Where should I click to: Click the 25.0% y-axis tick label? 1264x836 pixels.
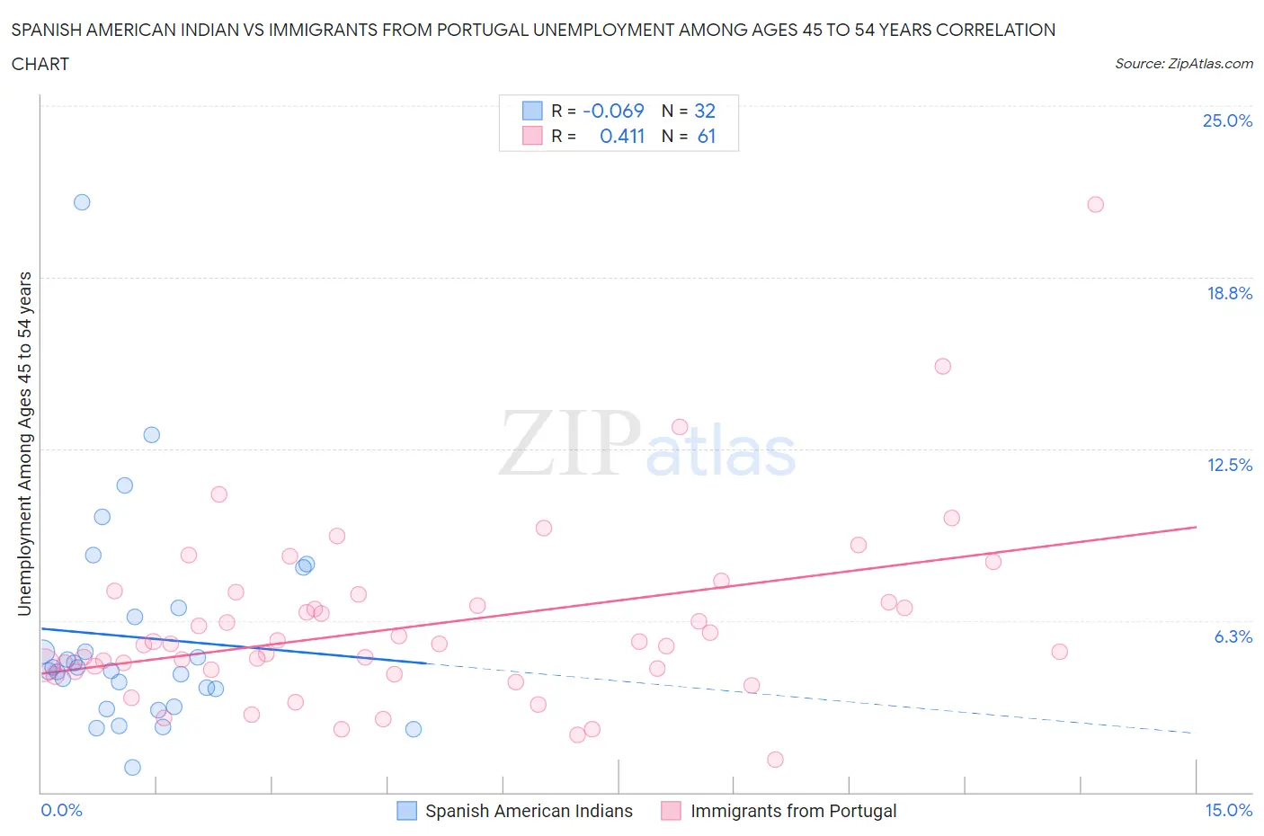1227,120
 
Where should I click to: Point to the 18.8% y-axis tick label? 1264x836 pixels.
1229,293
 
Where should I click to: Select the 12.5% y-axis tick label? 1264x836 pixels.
1229,465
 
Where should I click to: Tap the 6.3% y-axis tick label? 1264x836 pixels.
1233,636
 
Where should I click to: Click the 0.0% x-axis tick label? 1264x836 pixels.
61,810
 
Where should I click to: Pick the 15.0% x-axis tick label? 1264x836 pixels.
1228,810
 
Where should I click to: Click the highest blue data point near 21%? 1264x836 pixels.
82,202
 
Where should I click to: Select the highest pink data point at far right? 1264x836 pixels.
1095,204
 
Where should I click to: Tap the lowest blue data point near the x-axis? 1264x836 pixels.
132,767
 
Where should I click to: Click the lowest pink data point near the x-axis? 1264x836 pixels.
775,760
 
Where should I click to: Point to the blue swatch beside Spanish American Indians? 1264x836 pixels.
407,811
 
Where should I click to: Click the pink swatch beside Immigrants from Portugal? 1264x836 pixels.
671,811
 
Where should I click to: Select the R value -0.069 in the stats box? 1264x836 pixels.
613,111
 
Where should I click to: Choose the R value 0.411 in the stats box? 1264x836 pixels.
622,136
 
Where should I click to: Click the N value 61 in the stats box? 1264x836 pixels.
707,136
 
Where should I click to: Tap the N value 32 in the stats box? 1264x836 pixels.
705,111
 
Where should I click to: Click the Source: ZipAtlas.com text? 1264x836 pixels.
1183,63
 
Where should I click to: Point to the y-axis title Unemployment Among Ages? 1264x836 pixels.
25,443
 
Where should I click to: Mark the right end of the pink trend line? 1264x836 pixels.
1197,527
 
